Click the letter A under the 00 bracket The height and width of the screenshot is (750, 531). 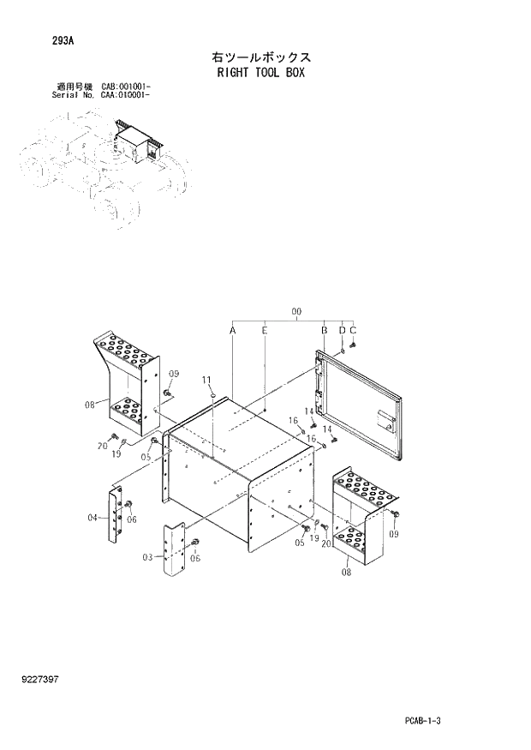233,330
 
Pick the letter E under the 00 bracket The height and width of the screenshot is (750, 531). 265,330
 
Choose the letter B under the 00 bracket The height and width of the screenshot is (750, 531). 325,330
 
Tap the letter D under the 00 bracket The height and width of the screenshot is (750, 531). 342,330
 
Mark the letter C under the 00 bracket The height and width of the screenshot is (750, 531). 353,330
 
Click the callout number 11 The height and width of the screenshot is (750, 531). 206,380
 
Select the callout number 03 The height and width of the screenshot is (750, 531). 148,557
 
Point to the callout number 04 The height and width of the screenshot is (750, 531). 92,517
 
